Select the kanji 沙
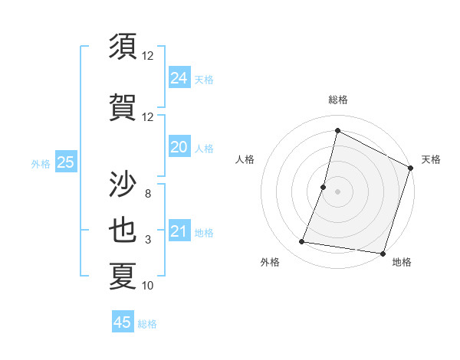pyautogui.click(x=123, y=185)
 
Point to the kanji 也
pyautogui.click(x=123, y=231)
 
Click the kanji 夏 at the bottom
pyautogui.click(x=123, y=277)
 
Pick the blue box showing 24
pyautogui.click(x=179, y=77)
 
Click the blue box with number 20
pyautogui.click(x=179, y=148)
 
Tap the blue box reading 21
pyautogui.click(x=179, y=232)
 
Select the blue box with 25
pyautogui.click(x=65, y=162)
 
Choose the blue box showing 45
pyautogui.click(x=123, y=322)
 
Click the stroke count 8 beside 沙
pyautogui.click(x=147, y=194)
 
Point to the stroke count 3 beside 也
pyautogui.click(x=147, y=240)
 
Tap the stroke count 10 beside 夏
pyautogui.click(x=147, y=286)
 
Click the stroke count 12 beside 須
pyautogui.click(x=147, y=56)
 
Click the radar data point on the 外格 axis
pyautogui.click(x=302, y=242)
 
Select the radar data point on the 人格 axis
pyautogui.click(x=324, y=187)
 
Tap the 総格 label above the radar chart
pyautogui.click(x=338, y=100)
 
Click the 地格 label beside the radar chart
pyautogui.click(x=402, y=262)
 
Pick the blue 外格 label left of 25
pyautogui.click(x=41, y=163)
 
